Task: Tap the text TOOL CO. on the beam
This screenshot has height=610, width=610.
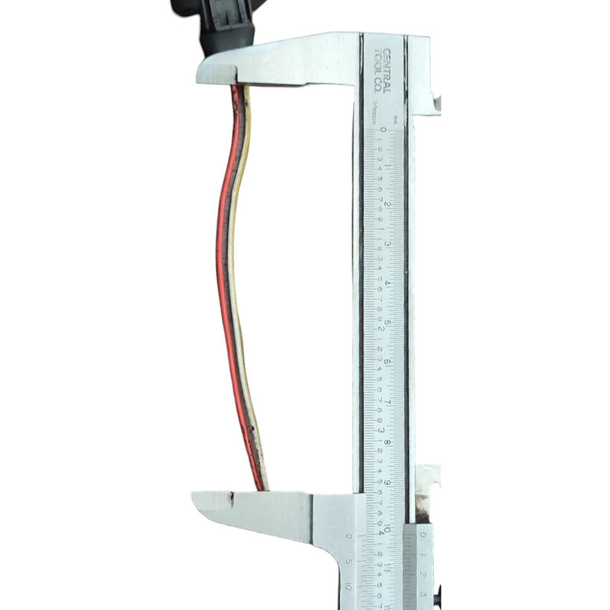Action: (x=378, y=65)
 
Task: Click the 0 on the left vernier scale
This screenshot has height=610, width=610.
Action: (x=349, y=536)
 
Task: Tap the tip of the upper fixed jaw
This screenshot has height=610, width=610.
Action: (x=203, y=72)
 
